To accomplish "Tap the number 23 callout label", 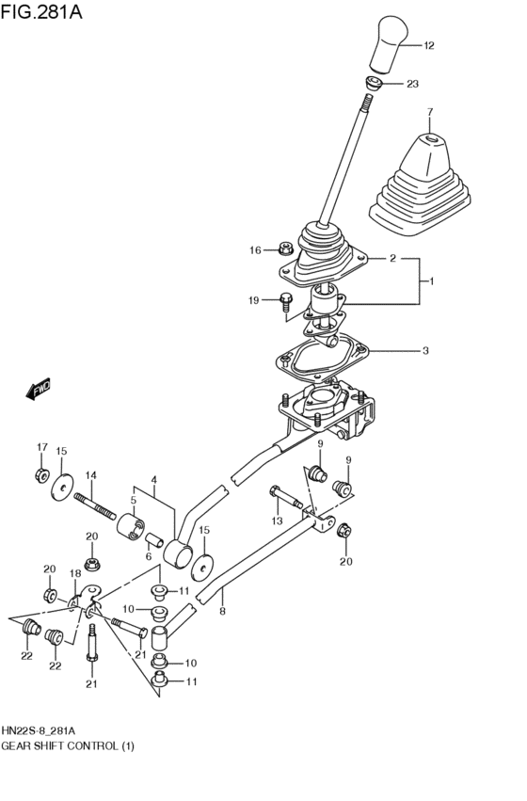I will pos(412,85).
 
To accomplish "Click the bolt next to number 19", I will pos(285,301).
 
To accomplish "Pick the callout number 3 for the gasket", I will pos(424,351).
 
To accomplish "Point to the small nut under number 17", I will pos(41,473).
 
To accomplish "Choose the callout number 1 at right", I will pos(431,280).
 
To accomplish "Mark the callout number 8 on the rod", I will pos(222,611).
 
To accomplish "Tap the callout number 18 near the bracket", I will pos(75,572).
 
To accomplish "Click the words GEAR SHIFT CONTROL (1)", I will pos(69,745).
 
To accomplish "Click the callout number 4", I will pos(153,479).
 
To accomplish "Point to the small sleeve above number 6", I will pos(149,537).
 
